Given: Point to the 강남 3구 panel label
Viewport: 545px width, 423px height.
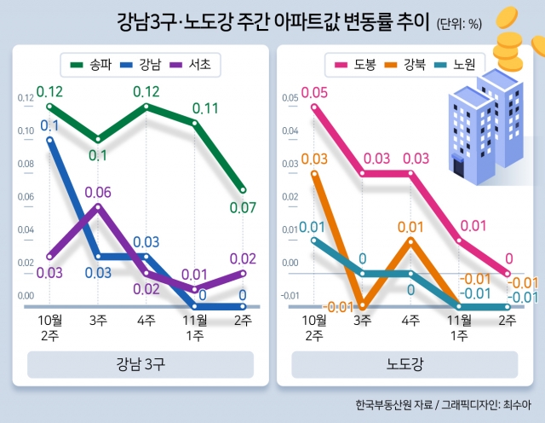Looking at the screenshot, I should point(141,365).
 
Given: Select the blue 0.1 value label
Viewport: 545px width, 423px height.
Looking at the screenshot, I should point(49,126).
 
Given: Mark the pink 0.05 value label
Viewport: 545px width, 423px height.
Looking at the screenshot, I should point(313,92).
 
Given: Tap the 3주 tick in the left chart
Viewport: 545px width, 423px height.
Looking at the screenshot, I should point(98,320).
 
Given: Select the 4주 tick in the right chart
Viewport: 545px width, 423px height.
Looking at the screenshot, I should point(410,320).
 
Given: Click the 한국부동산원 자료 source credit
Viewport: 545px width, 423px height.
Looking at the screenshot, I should point(395,404).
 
